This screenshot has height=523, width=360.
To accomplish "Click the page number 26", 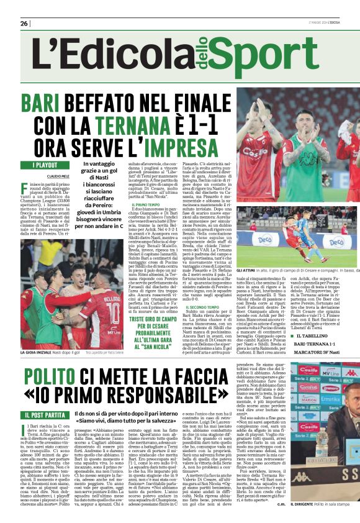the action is [x=24, y=23].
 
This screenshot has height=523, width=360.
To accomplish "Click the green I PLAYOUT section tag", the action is [x=45, y=165].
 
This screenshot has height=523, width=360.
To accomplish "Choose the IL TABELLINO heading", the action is [x=314, y=336].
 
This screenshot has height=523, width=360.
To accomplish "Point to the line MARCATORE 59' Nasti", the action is [x=317, y=353].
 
